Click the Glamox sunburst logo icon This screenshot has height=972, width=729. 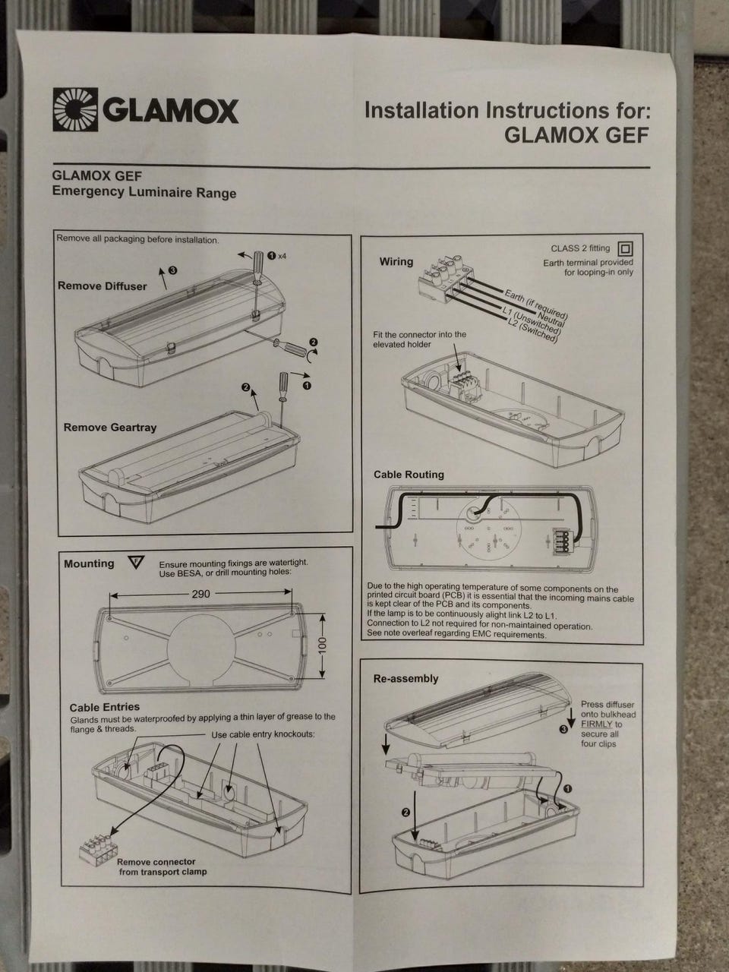click(75, 109)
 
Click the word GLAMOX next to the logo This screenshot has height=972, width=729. click(171, 111)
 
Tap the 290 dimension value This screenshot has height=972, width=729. click(200, 594)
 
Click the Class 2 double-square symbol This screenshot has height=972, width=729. click(625, 248)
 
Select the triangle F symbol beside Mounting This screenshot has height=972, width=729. click(137, 563)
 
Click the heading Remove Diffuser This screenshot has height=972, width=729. click(103, 286)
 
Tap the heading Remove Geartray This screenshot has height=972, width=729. click(110, 428)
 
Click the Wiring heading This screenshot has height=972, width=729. click(396, 262)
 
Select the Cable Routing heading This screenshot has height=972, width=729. click(409, 475)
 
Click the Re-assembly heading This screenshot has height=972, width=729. click(406, 678)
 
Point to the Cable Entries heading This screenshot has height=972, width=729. click(105, 707)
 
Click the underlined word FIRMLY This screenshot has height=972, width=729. click(597, 724)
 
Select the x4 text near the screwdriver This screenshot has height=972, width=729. click(282, 256)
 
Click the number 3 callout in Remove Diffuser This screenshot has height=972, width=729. click(173, 270)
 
